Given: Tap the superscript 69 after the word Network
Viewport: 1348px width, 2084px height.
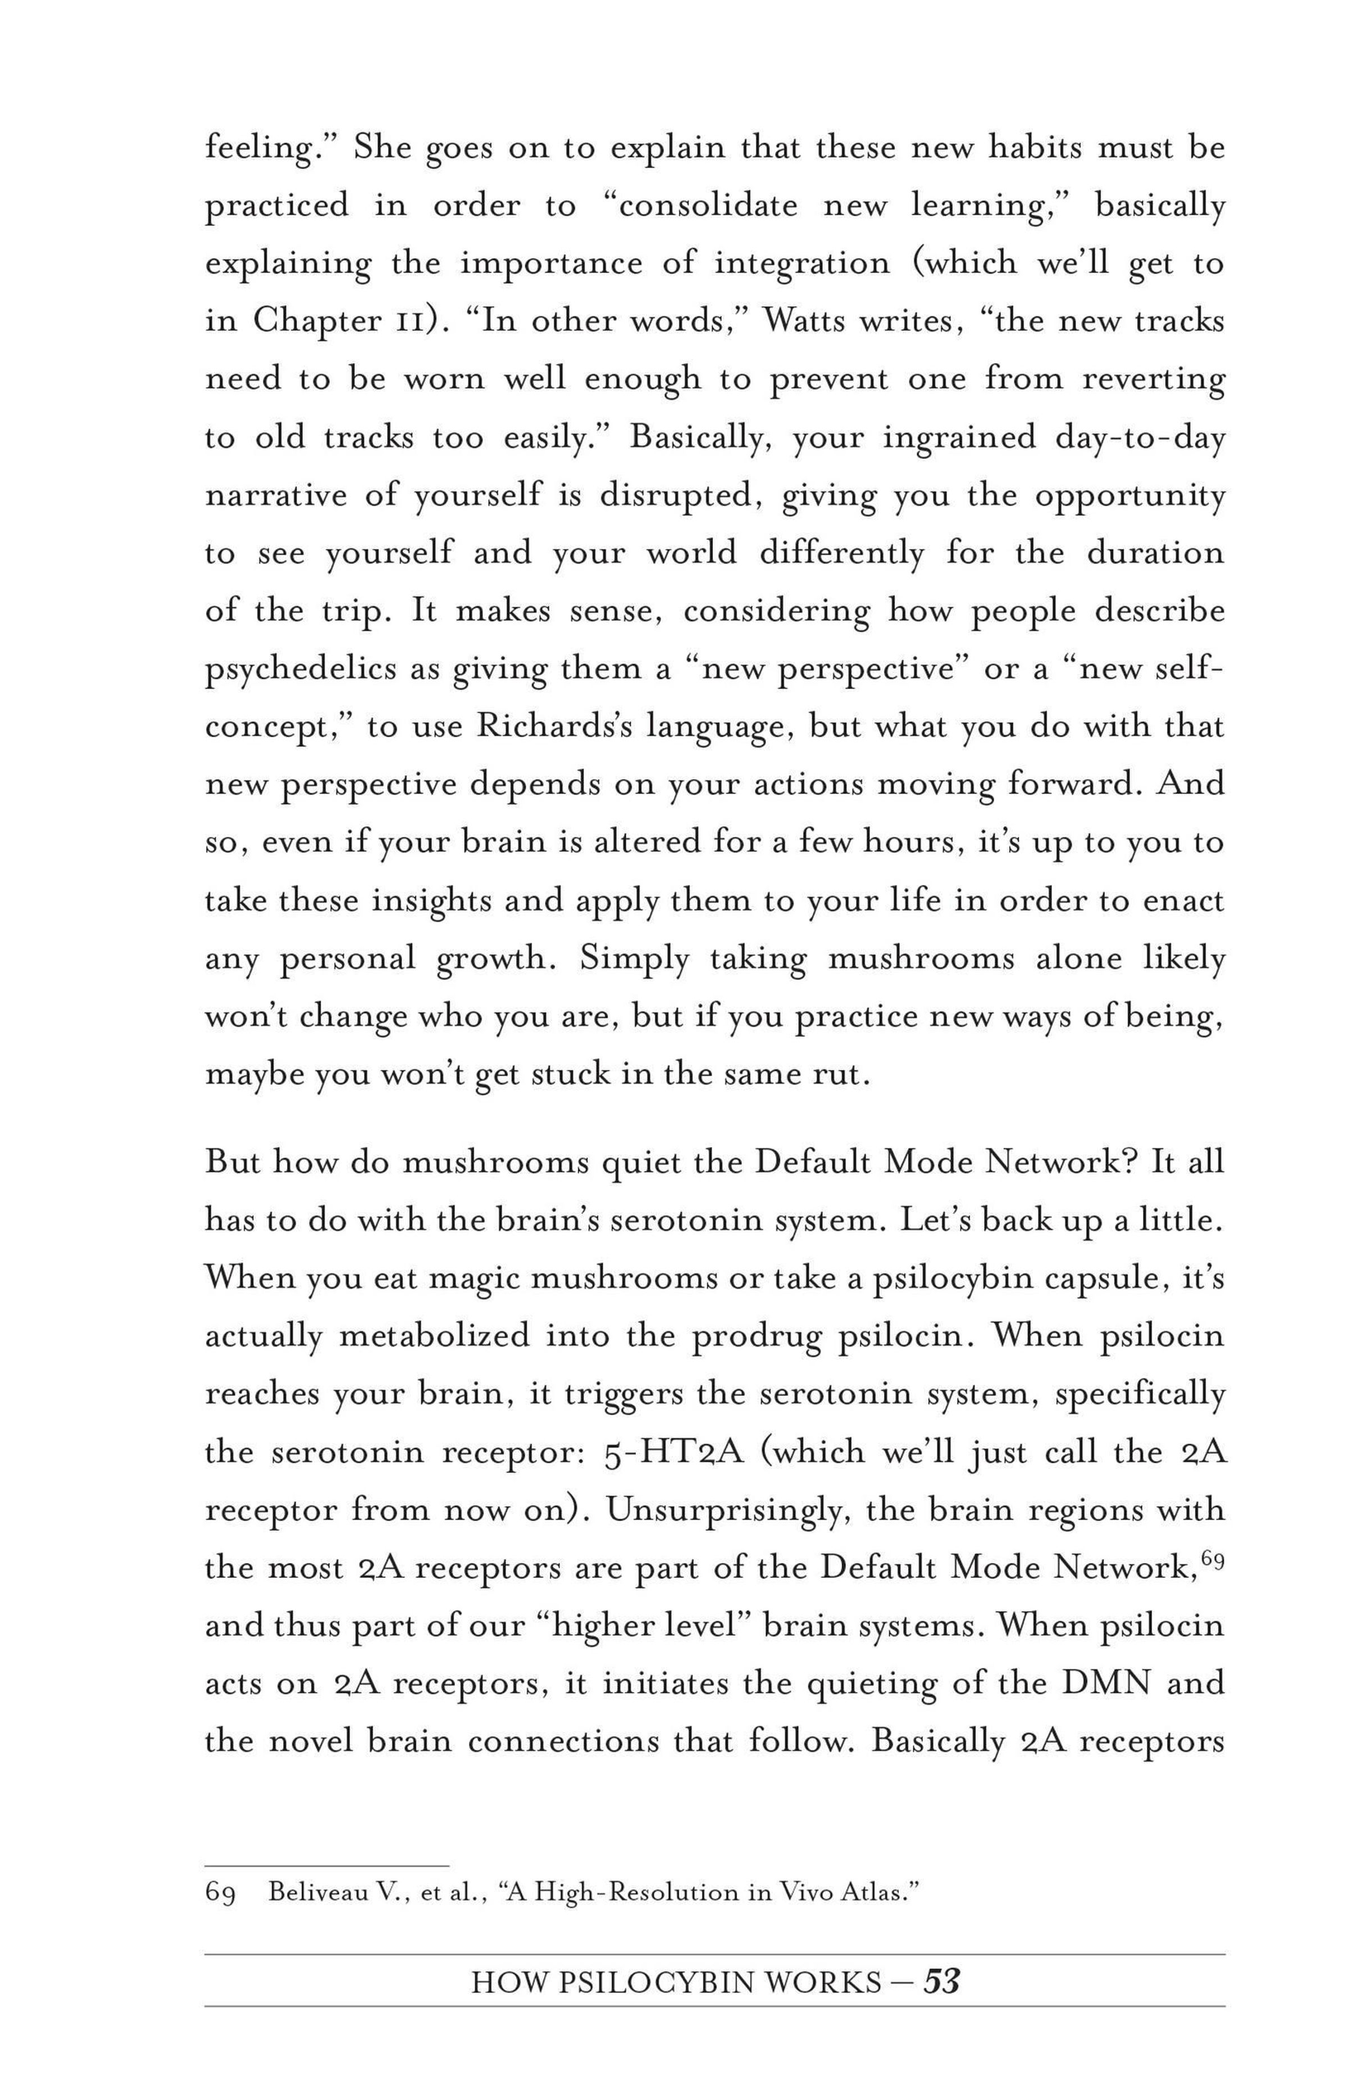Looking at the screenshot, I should [x=1212, y=1559].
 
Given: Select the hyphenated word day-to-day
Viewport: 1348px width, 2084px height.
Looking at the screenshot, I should [x=1140, y=436].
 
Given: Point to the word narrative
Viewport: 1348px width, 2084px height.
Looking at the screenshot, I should [x=274, y=494].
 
